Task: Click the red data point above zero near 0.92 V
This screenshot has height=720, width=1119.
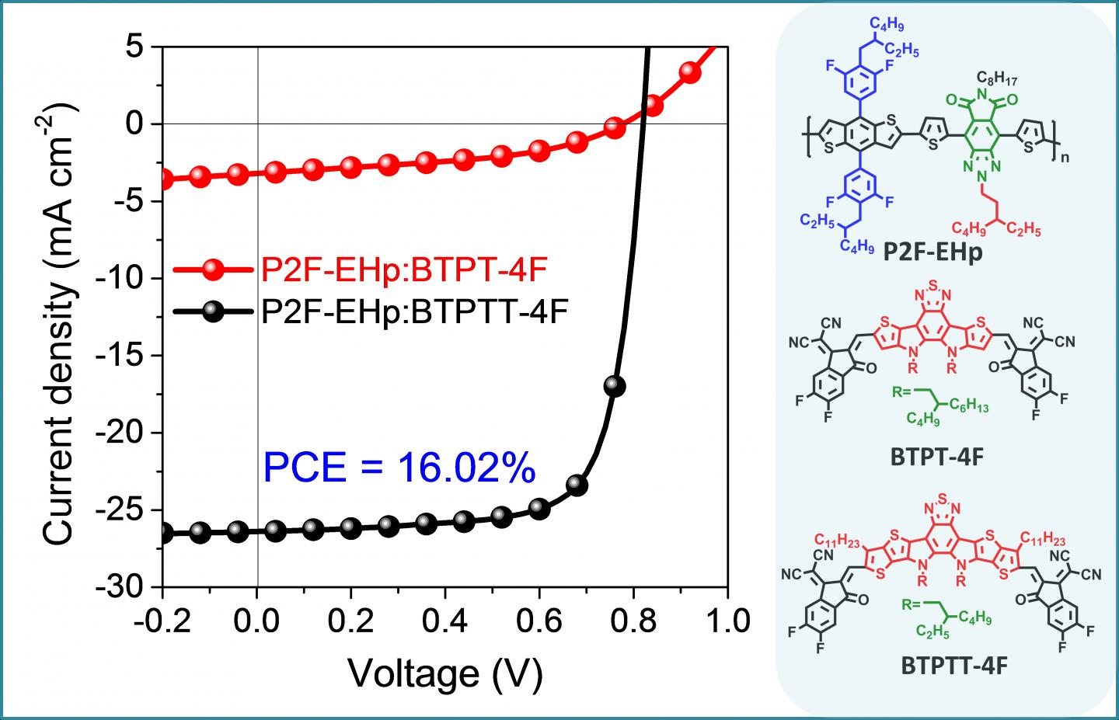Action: pos(690,72)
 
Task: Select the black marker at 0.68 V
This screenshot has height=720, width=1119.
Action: pos(577,485)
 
